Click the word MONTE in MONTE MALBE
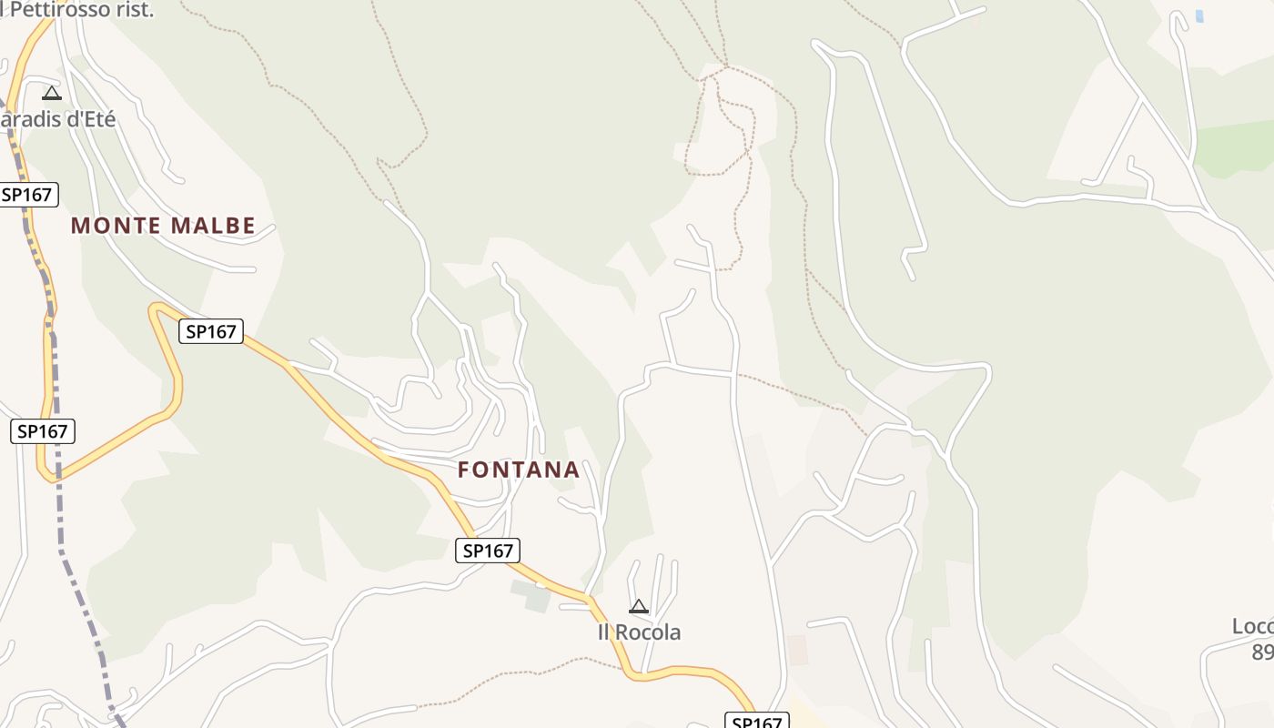(106, 226)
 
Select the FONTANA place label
(519, 470)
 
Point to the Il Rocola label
(639, 632)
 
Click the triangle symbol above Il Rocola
(639, 606)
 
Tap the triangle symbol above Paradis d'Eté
(52, 93)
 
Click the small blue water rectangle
(1199, 16)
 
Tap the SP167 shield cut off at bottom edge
(756, 722)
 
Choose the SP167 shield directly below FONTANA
(488, 550)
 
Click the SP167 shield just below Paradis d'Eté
(28, 194)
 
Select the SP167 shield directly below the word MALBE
(211, 331)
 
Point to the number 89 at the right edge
(1263, 652)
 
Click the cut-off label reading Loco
(1253, 626)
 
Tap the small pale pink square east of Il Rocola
(797, 650)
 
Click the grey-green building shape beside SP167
(531, 595)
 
